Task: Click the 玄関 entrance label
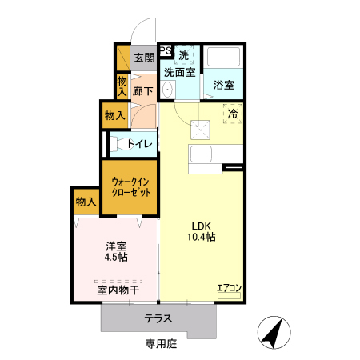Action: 144,57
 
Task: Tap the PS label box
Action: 166,50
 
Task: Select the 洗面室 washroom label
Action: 181,72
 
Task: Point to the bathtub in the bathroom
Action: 224,59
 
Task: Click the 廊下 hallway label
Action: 144,91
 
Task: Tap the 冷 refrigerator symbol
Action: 233,114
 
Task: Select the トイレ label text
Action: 141,144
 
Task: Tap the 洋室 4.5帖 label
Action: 115,252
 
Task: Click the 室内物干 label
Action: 118,289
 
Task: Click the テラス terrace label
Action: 158,318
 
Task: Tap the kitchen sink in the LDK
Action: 199,154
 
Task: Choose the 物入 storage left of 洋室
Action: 86,202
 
